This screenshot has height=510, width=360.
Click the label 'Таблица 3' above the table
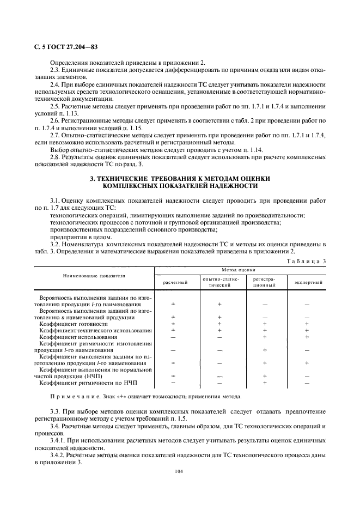pos(306,261)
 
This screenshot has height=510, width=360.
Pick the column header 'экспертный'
pos(308,283)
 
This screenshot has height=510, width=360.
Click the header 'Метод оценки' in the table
pos(240,270)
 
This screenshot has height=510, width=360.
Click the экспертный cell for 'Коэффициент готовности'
pos(308,324)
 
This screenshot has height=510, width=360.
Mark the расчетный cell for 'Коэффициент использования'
pos(173,337)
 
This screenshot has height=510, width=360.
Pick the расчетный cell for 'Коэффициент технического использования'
pos(173,330)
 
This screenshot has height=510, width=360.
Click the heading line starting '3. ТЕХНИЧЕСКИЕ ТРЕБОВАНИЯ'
pos(180,179)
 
